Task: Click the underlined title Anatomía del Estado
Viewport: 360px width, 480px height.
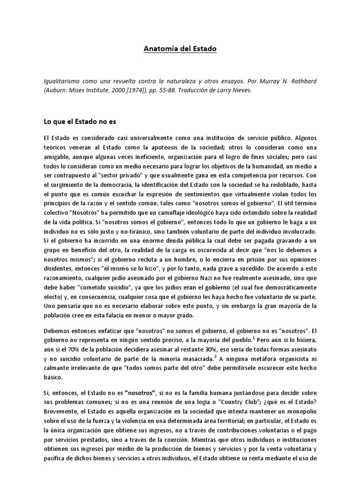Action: pos(180,48)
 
